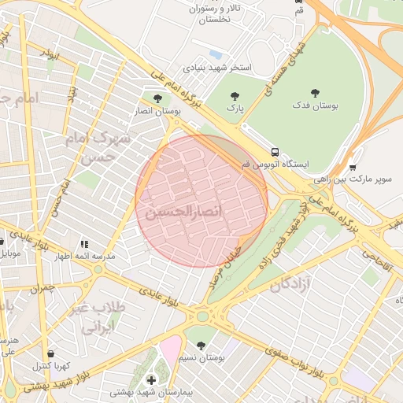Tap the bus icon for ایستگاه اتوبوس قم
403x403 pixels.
tap(275, 152)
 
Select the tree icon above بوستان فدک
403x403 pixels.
tap(316, 93)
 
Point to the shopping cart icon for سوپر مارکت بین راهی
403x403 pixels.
tap(352, 167)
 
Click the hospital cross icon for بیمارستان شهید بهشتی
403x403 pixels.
tap(151, 380)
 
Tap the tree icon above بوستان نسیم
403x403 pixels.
tap(201, 345)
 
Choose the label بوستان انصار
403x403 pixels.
tap(162, 113)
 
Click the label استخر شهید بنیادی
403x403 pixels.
tap(217, 68)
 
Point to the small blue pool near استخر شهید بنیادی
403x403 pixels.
tap(215, 54)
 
